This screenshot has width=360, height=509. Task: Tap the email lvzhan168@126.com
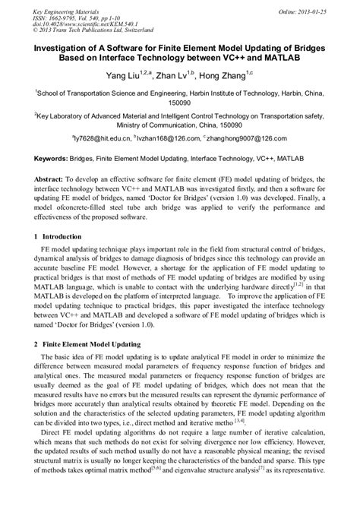pyautogui.click(x=167, y=140)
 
